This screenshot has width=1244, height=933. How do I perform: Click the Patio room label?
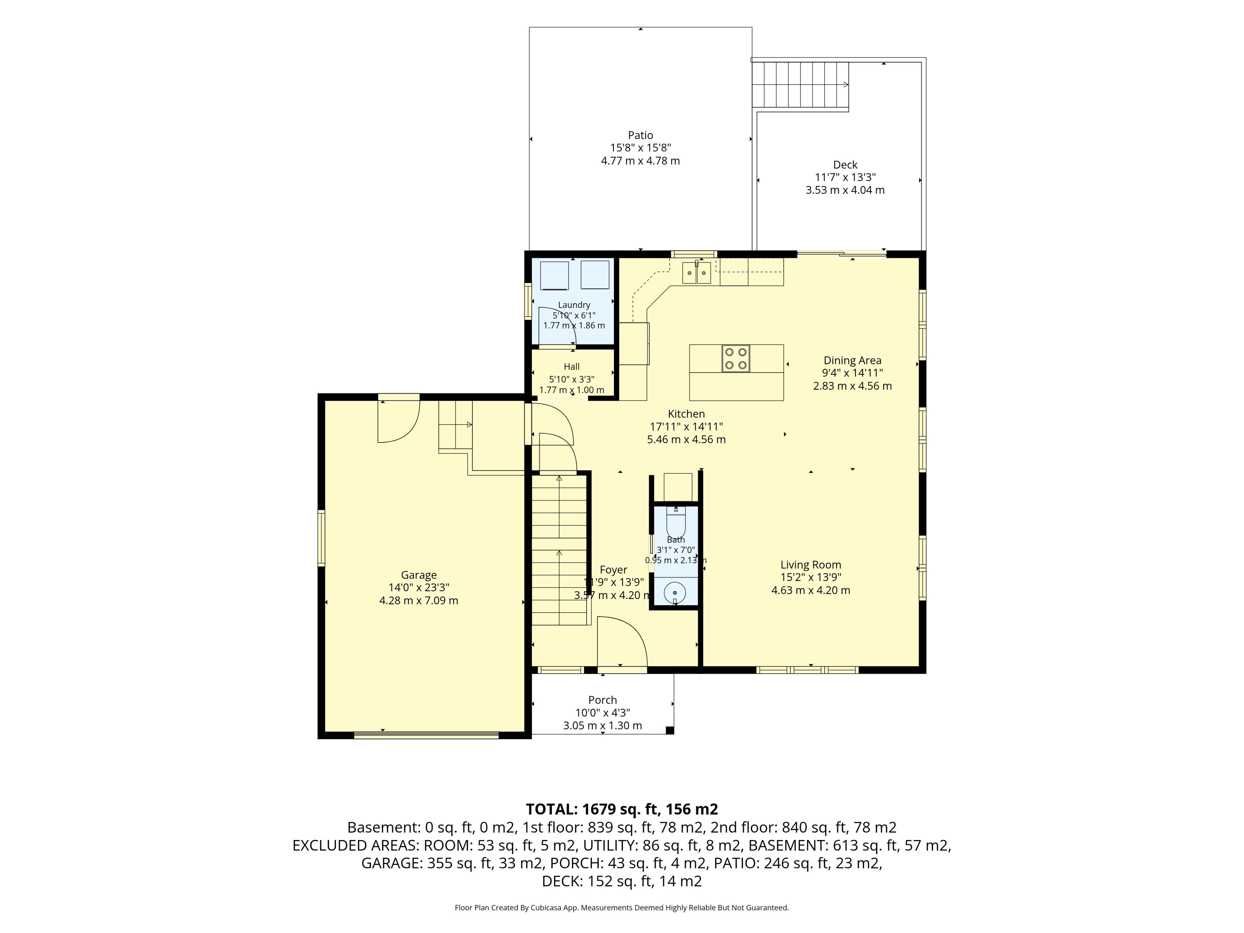640,135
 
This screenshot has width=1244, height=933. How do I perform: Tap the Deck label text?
845,165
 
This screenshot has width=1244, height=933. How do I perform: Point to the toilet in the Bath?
675,521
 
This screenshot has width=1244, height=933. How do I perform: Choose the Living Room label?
811,565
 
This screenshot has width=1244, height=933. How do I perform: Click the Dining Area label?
853,361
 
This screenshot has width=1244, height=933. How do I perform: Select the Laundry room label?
574,305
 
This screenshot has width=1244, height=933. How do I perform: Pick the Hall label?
571,367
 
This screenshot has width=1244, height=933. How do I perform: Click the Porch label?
602,700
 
